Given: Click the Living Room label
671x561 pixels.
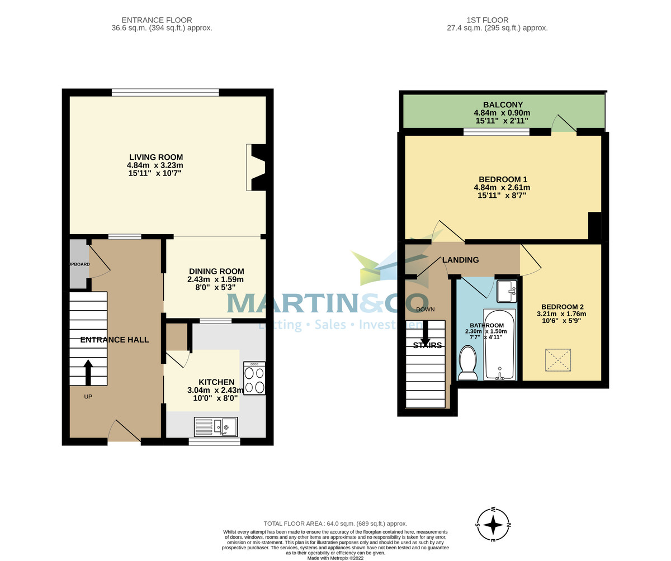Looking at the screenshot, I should coord(156,158).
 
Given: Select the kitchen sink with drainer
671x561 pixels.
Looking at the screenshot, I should coord(216,427).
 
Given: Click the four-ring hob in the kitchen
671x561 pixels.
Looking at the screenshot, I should coord(254,379).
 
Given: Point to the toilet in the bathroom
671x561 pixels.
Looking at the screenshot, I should coord(467,362).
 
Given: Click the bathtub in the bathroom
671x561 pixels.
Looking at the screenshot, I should coord(499,345).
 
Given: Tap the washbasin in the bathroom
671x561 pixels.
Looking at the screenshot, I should coord(507,291).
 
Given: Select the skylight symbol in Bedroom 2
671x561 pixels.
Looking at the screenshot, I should coord(558,360).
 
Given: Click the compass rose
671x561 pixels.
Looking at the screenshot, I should coord(493,525).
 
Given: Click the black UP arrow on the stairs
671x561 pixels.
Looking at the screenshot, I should coord(88,372).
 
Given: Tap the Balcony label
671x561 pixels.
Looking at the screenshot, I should coord(503,104).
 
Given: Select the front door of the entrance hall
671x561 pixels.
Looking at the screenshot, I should coord(124,431).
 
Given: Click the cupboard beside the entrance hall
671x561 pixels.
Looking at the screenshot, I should coord(78,264).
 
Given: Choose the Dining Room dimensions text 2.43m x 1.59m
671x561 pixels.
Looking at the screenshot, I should coord(215,279).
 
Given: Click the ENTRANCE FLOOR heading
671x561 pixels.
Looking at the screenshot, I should coord(157,20).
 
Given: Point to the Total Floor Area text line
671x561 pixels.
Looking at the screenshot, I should coord(335,524).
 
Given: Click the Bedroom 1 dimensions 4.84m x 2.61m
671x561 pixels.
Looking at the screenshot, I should coord(502,188).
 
